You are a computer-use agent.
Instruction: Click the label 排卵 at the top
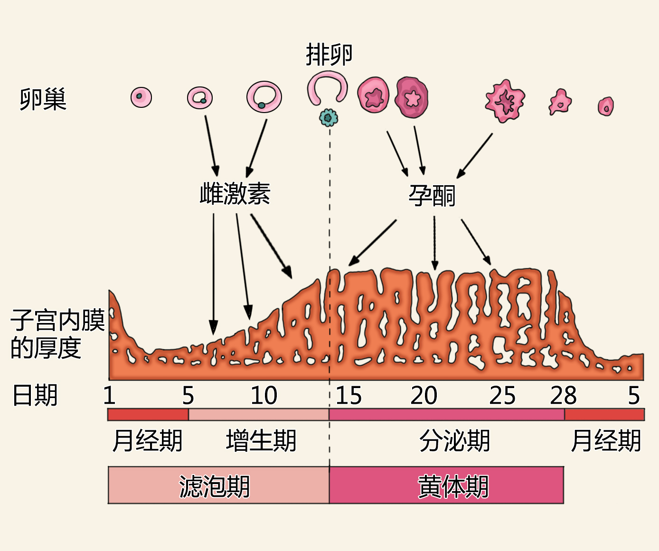click(329, 55)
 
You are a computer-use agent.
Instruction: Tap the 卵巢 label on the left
click(43, 99)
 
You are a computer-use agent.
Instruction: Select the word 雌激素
click(235, 194)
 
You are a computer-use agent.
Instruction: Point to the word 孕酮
click(432, 195)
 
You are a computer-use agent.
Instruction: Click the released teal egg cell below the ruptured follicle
click(328, 117)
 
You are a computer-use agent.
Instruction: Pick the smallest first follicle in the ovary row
click(141, 97)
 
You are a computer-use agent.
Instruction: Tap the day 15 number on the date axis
click(348, 396)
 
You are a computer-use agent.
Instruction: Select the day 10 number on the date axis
click(264, 396)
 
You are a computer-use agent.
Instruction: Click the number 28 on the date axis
click(563, 396)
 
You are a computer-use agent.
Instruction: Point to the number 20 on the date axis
click(424, 396)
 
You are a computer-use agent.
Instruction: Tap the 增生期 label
click(261, 441)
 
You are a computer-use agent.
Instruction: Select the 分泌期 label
click(454, 441)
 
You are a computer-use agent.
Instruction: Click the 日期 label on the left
click(35, 396)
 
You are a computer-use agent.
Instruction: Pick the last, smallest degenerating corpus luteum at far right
click(605, 106)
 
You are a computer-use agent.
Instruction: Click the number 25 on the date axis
click(502, 396)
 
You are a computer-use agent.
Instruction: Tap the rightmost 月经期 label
click(606, 441)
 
